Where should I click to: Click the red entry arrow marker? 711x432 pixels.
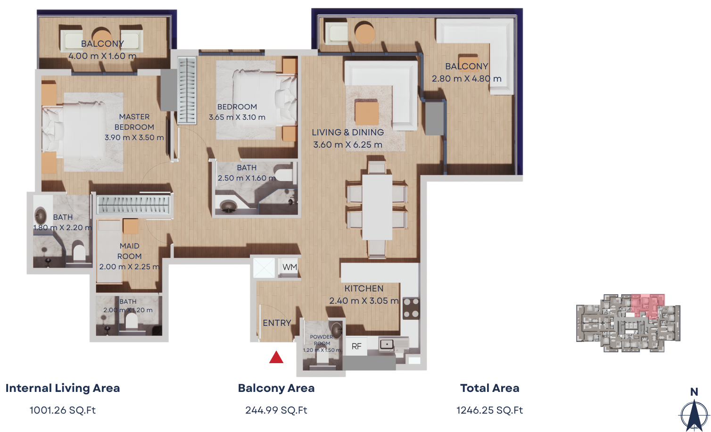click(276, 357)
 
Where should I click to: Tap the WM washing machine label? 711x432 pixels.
click(290, 267)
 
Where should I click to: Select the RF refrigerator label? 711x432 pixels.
click(356, 347)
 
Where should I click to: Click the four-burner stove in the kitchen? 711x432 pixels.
click(411, 308)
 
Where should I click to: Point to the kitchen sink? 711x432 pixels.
click(387, 345)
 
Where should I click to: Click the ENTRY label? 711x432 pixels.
click(277, 323)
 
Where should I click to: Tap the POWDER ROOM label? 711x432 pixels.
click(322, 340)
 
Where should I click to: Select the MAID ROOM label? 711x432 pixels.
click(130, 251)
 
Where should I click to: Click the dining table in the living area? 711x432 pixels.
click(377, 207)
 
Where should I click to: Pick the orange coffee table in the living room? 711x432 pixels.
click(367, 113)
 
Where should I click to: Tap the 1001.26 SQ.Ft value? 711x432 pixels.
click(63, 410)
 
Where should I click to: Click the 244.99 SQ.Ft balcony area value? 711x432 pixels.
click(276, 410)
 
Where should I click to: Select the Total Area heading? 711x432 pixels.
click(490, 388)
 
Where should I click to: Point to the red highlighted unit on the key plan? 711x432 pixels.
click(647, 305)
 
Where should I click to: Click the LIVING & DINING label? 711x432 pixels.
click(348, 133)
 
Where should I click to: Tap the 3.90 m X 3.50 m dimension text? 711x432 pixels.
click(134, 137)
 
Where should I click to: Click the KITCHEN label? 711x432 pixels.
click(364, 289)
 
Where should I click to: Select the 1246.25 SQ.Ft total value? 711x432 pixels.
click(490, 410)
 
